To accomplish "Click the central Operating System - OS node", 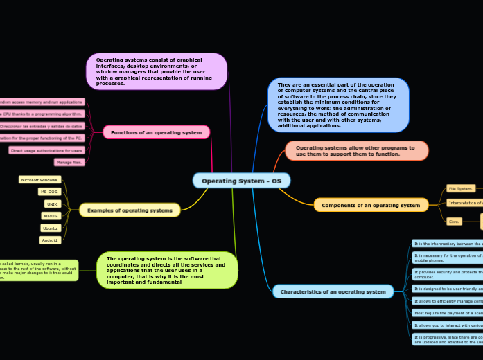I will click(x=241, y=181).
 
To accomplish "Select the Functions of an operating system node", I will click(x=156, y=132).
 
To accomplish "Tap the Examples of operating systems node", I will click(x=130, y=210).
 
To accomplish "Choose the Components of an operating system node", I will click(x=371, y=205).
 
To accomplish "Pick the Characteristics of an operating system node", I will click(x=333, y=291).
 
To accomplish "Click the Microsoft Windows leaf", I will click(x=40, y=179).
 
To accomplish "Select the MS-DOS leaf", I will click(x=49, y=192).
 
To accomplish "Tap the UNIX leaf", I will click(x=53, y=204).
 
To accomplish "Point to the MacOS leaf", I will click(x=51, y=216).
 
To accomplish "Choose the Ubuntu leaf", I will click(x=51, y=228).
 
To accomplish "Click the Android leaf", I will click(x=51, y=240).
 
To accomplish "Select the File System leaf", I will click(x=460, y=188).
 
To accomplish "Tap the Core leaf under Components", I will click(x=454, y=222).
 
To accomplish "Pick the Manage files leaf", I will click(x=69, y=162).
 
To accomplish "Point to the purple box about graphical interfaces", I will click(x=157, y=71).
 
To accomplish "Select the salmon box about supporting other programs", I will click(x=356, y=150).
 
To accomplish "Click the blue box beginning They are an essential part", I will click(x=338, y=105).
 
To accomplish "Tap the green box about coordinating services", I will click(x=167, y=269).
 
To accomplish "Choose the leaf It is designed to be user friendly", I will click(x=447, y=288).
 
